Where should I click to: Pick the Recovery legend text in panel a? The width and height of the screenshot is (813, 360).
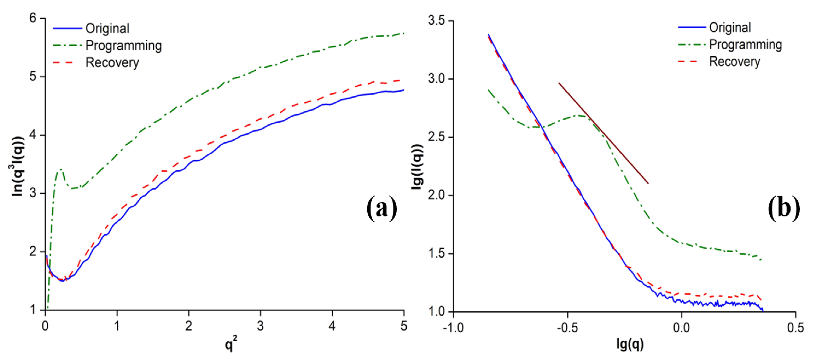(x=112, y=63)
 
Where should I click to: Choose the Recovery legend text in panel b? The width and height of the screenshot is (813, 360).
(x=734, y=62)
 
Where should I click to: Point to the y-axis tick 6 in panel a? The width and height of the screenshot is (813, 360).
(x=33, y=18)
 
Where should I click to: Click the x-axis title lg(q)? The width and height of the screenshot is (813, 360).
(x=630, y=344)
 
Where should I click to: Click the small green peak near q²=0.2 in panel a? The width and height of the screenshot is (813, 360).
(x=60, y=170)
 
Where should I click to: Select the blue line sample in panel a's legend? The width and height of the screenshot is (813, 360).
(x=67, y=28)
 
